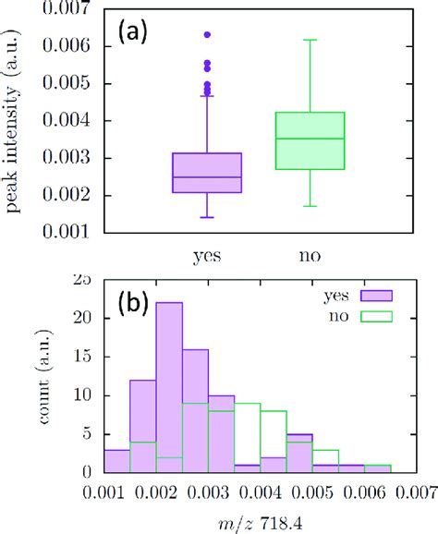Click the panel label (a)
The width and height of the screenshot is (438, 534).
[x=137, y=32]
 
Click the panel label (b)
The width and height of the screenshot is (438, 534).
[x=138, y=306]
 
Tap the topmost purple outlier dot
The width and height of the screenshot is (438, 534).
[x=207, y=34]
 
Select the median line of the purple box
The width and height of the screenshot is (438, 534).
[x=207, y=177]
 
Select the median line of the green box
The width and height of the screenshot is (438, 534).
[x=310, y=139]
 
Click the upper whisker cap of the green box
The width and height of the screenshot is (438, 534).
[x=310, y=40]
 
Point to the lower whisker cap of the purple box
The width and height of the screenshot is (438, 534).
[x=207, y=217]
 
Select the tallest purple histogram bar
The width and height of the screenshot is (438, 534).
[x=169, y=388]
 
